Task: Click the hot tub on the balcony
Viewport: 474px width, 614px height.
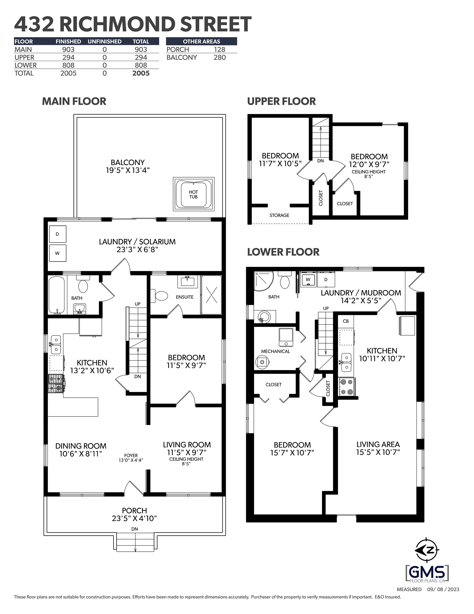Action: pos(194,194)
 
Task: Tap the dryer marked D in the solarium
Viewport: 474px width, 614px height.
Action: pos(58,234)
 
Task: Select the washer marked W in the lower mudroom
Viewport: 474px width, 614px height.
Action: pos(308,280)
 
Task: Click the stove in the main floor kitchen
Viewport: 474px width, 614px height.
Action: pos(56,383)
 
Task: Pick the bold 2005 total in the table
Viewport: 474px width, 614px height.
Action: pos(141,73)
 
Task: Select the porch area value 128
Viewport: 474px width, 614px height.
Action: pos(219,50)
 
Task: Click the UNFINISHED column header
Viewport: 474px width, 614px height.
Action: pos(105,41)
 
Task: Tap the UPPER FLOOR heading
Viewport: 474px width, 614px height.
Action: pos(281,102)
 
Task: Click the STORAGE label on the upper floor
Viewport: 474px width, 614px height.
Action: pos(279,215)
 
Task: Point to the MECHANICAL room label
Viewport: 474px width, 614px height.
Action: pos(275,352)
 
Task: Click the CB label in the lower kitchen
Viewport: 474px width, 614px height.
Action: pos(346,321)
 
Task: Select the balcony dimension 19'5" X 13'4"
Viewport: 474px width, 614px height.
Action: pos(128,170)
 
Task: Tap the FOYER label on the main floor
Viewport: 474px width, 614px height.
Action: pos(131,455)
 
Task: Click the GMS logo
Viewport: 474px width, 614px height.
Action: pos(427,572)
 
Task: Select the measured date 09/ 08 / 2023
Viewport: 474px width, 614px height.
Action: pos(443,589)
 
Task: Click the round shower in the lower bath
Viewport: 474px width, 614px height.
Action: pos(263,280)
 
